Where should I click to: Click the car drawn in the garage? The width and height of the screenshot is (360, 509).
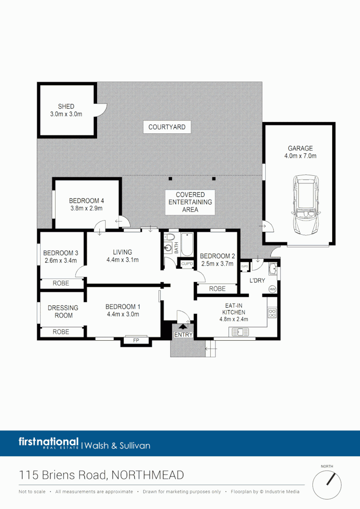(x=305, y=205)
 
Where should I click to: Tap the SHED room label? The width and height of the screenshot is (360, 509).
(x=66, y=107)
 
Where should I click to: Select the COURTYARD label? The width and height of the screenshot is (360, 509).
(x=167, y=127)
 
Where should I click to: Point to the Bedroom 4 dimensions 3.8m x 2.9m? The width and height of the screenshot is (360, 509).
(x=86, y=208)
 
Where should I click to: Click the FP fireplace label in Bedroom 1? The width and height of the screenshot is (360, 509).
(x=136, y=339)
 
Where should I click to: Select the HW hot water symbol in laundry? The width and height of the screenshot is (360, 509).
(x=272, y=289)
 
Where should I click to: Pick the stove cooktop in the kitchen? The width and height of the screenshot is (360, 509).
(x=271, y=312)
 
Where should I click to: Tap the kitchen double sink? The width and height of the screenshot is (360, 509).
(x=242, y=332)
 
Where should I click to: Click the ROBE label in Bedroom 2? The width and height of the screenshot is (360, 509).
(x=217, y=288)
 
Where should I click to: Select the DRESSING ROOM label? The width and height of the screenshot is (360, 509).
(x=63, y=312)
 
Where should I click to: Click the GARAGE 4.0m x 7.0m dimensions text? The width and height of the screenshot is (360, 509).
(x=300, y=156)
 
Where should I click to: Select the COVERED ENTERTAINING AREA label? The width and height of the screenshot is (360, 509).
(x=190, y=202)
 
